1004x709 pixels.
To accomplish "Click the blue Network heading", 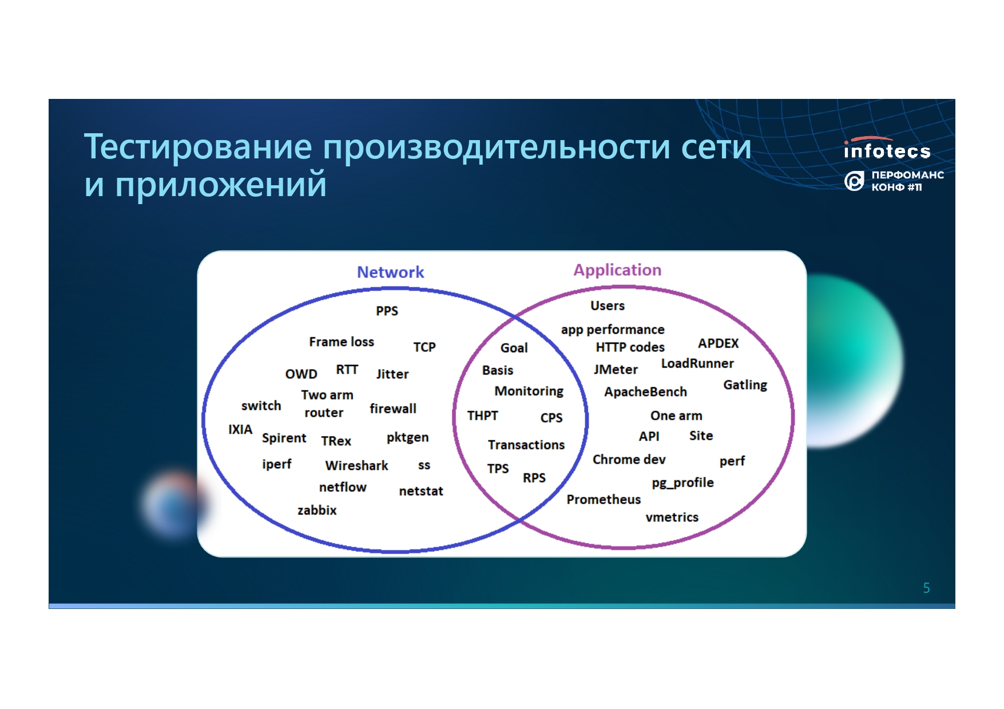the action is click(390, 272).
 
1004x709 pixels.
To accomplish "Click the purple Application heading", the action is click(617, 270).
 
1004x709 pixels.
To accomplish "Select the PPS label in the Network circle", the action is click(387, 311).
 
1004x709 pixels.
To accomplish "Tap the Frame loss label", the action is click(342, 342).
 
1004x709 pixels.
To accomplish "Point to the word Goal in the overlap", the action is click(514, 348).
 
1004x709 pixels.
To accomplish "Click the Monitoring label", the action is click(529, 392).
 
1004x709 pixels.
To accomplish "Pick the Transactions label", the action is click(526, 445).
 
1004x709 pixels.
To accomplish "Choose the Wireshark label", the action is click(356, 466).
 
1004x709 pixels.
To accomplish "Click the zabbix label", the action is click(317, 510).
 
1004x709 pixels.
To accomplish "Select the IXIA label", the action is click(240, 429).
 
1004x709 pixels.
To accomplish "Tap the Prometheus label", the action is click(604, 500).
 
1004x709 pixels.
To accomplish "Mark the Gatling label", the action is click(745, 385).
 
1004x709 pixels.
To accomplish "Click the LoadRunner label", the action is click(697, 364).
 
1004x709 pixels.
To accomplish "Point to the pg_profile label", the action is click(682, 483).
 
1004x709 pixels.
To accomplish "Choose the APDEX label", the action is click(718, 344).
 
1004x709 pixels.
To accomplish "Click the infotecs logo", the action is click(887, 149).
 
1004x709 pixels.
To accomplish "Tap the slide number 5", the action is click(926, 588).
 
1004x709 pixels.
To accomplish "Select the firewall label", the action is click(392, 409).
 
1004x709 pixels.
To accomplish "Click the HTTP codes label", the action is click(630, 348).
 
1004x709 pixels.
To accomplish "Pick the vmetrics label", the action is click(672, 517).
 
